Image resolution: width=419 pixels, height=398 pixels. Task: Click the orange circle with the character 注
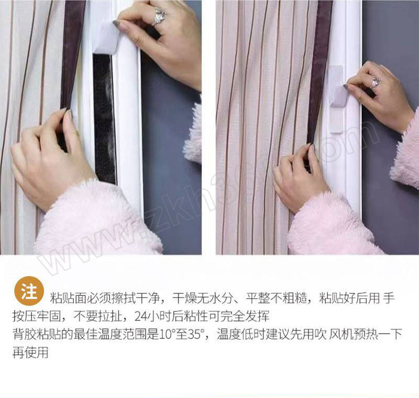(x=29, y=291)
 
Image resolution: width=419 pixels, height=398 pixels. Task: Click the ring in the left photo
(x=159, y=16)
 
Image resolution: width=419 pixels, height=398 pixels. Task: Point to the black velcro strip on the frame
(x=104, y=118)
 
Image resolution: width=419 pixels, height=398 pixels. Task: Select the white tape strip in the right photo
(x=336, y=99)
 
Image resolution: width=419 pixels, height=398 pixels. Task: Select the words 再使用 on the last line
(x=30, y=352)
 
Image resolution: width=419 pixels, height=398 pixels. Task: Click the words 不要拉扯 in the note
(x=97, y=316)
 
